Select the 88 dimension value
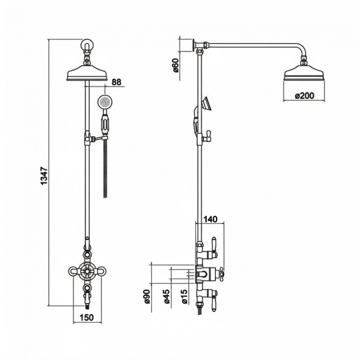[117, 82]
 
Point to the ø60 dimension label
[176, 65]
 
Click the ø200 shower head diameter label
[304, 95]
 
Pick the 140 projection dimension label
[211, 219]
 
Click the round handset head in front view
[104, 102]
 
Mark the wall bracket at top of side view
[193, 44]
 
